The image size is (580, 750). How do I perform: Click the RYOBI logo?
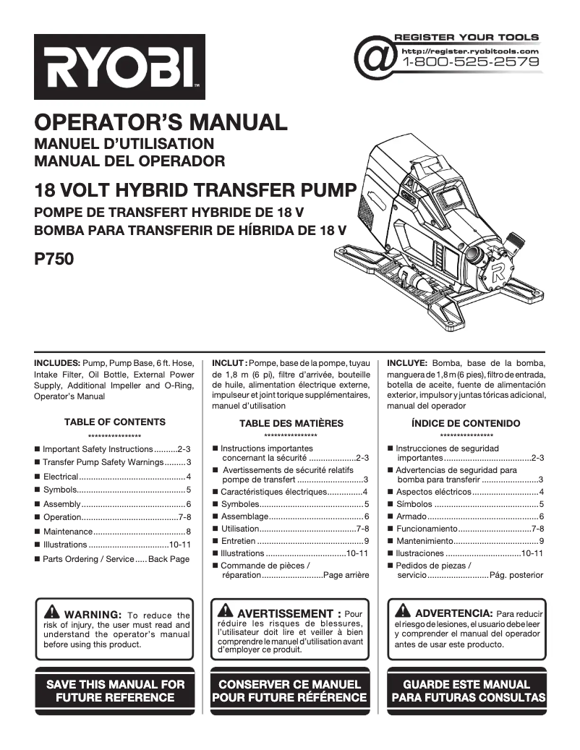click(x=120, y=67)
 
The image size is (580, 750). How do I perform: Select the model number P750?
click(x=54, y=257)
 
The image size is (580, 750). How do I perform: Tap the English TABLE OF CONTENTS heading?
click(x=114, y=422)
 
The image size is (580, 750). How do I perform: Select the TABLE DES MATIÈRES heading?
click(x=291, y=423)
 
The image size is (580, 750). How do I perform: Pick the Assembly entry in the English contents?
click(x=113, y=504)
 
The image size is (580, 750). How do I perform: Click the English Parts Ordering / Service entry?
click(x=113, y=559)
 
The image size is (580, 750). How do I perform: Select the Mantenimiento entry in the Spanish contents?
click(x=466, y=541)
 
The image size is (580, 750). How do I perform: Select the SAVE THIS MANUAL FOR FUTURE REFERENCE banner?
click(x=115, y=691)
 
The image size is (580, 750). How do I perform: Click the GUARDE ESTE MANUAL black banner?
click(x=466, y=691)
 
